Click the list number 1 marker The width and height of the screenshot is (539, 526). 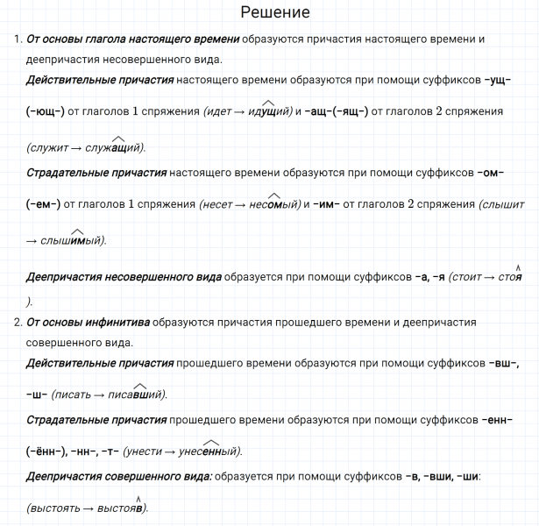click(18, 40)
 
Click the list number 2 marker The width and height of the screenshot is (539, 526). click(18, 323)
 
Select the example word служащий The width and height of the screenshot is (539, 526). click(114, 147)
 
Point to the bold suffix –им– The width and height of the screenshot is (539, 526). click(324, 205)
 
